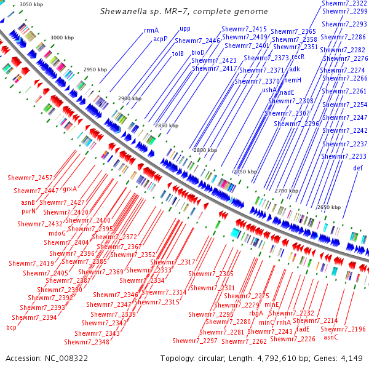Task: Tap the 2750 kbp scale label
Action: [x=245, y=172]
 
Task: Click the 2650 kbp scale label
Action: [x=328, y=207]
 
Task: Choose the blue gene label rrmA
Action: [x=151, y=30]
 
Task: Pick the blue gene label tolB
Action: [x=178, y=54]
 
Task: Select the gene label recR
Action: [x=298, y=56]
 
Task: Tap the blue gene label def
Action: [x=357, y=168]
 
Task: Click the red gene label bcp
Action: [x=11, y=327]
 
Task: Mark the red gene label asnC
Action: [x=331, y=337]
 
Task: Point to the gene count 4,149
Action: [x=351, y=358]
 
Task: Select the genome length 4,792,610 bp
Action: [x=274, y=358]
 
